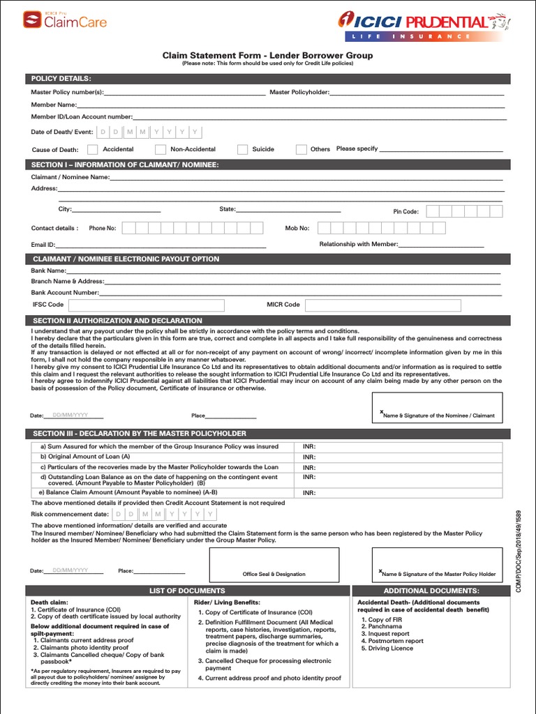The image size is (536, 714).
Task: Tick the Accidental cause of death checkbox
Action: [x=93, y=149]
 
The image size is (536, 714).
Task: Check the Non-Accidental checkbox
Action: [x=161, y=149]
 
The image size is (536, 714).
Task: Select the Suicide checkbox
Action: [x=242, y=149]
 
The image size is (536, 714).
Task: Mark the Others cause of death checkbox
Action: [x=301, y=149]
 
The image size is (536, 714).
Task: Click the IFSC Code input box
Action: [x=146, y=305]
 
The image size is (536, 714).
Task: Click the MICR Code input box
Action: [x=403, y=305]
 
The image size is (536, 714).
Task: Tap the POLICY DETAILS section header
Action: [x=61, y=78]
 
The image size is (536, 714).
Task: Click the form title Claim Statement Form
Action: [x=267, y=55]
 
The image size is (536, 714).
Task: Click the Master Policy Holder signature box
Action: [x=437, y=565]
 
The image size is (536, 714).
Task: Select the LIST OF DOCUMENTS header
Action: [x=187, y=591]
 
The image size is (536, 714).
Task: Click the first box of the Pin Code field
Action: [x=433, y=211]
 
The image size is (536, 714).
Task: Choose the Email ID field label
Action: [x=43, y=245]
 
